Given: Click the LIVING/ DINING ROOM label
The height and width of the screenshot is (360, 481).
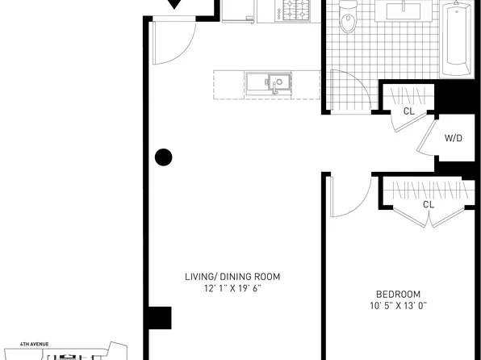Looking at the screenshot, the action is tap(232, 277).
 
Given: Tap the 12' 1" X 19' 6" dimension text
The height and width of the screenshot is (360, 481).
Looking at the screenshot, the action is tap(232, 288).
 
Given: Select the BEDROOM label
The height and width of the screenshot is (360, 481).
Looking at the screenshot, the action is tap(398, 295).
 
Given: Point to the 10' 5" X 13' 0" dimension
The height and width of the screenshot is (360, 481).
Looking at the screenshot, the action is tap(398, 306).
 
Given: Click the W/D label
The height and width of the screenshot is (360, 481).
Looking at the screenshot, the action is tap(454, 138).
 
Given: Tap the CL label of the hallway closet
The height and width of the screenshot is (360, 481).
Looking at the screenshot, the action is tap(409, 111).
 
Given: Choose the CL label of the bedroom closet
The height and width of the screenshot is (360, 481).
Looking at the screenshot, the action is tap(429, 204).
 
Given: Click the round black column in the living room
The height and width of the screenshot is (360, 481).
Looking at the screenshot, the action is tap(164, 157).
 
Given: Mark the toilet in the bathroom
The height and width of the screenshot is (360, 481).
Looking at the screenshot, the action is tap(348, 16).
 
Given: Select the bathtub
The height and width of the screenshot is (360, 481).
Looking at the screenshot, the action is tap(457, 39).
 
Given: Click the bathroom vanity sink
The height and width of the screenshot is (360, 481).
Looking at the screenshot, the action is tap(404, 11).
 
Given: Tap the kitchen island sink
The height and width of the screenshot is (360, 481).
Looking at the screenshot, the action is tap(269, 82).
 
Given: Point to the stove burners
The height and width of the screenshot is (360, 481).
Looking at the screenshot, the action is tap(296, 10).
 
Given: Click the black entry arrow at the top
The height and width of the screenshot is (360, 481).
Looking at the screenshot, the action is tap(174, 4).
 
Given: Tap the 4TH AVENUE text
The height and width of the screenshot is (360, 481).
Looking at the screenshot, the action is tap(35, 345).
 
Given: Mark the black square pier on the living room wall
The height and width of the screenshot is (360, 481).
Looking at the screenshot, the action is tap(160, 318).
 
